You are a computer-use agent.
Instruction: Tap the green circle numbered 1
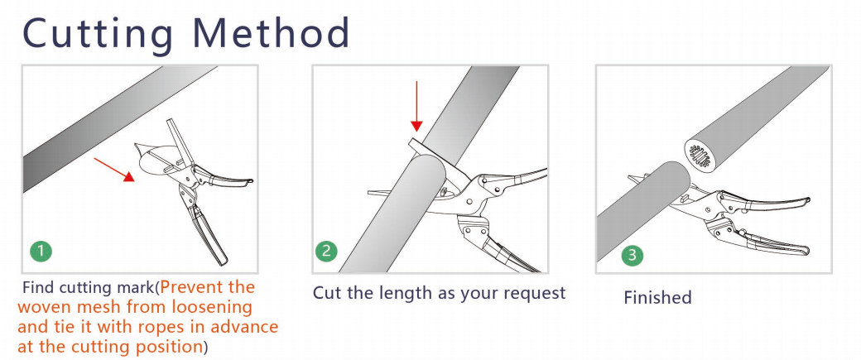[x=41, y=252]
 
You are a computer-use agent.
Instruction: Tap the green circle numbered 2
[x=327, y=252]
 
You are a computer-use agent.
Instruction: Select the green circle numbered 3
[x=632, y=255]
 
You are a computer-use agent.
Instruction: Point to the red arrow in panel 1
[x=114, y=169]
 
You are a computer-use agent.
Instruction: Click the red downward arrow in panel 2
[x=416, y=106]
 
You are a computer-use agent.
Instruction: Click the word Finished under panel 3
[x=657, y=298]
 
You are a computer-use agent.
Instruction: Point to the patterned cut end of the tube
[x=700, y=154]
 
